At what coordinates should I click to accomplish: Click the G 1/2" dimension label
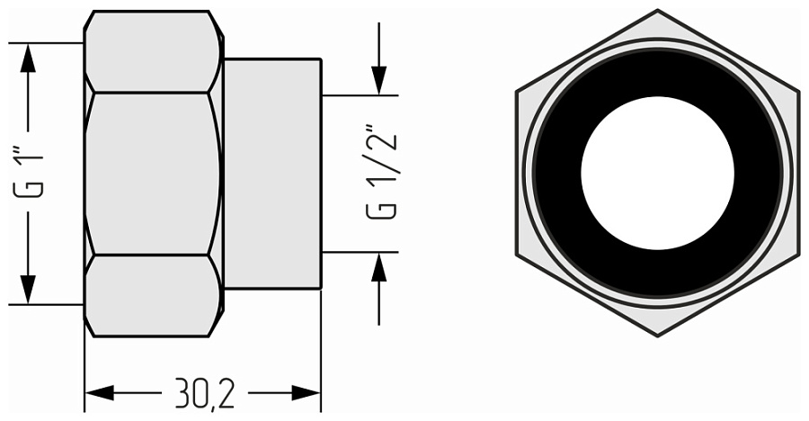coord(381,175)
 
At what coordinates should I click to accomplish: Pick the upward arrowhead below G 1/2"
coord(378,268)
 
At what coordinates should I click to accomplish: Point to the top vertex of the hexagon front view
coord(657,11)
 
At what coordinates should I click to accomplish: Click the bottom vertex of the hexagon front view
coord(657,336)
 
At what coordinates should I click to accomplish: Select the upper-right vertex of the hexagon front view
coord(798,92)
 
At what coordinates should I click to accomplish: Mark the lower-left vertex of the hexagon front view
coord(517,255)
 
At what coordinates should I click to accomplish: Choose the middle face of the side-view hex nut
coord(153,173)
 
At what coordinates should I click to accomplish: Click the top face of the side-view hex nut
coord(153,52)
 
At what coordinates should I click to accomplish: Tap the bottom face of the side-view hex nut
coord(153,295)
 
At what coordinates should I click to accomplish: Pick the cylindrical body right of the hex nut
coord(272,173)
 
